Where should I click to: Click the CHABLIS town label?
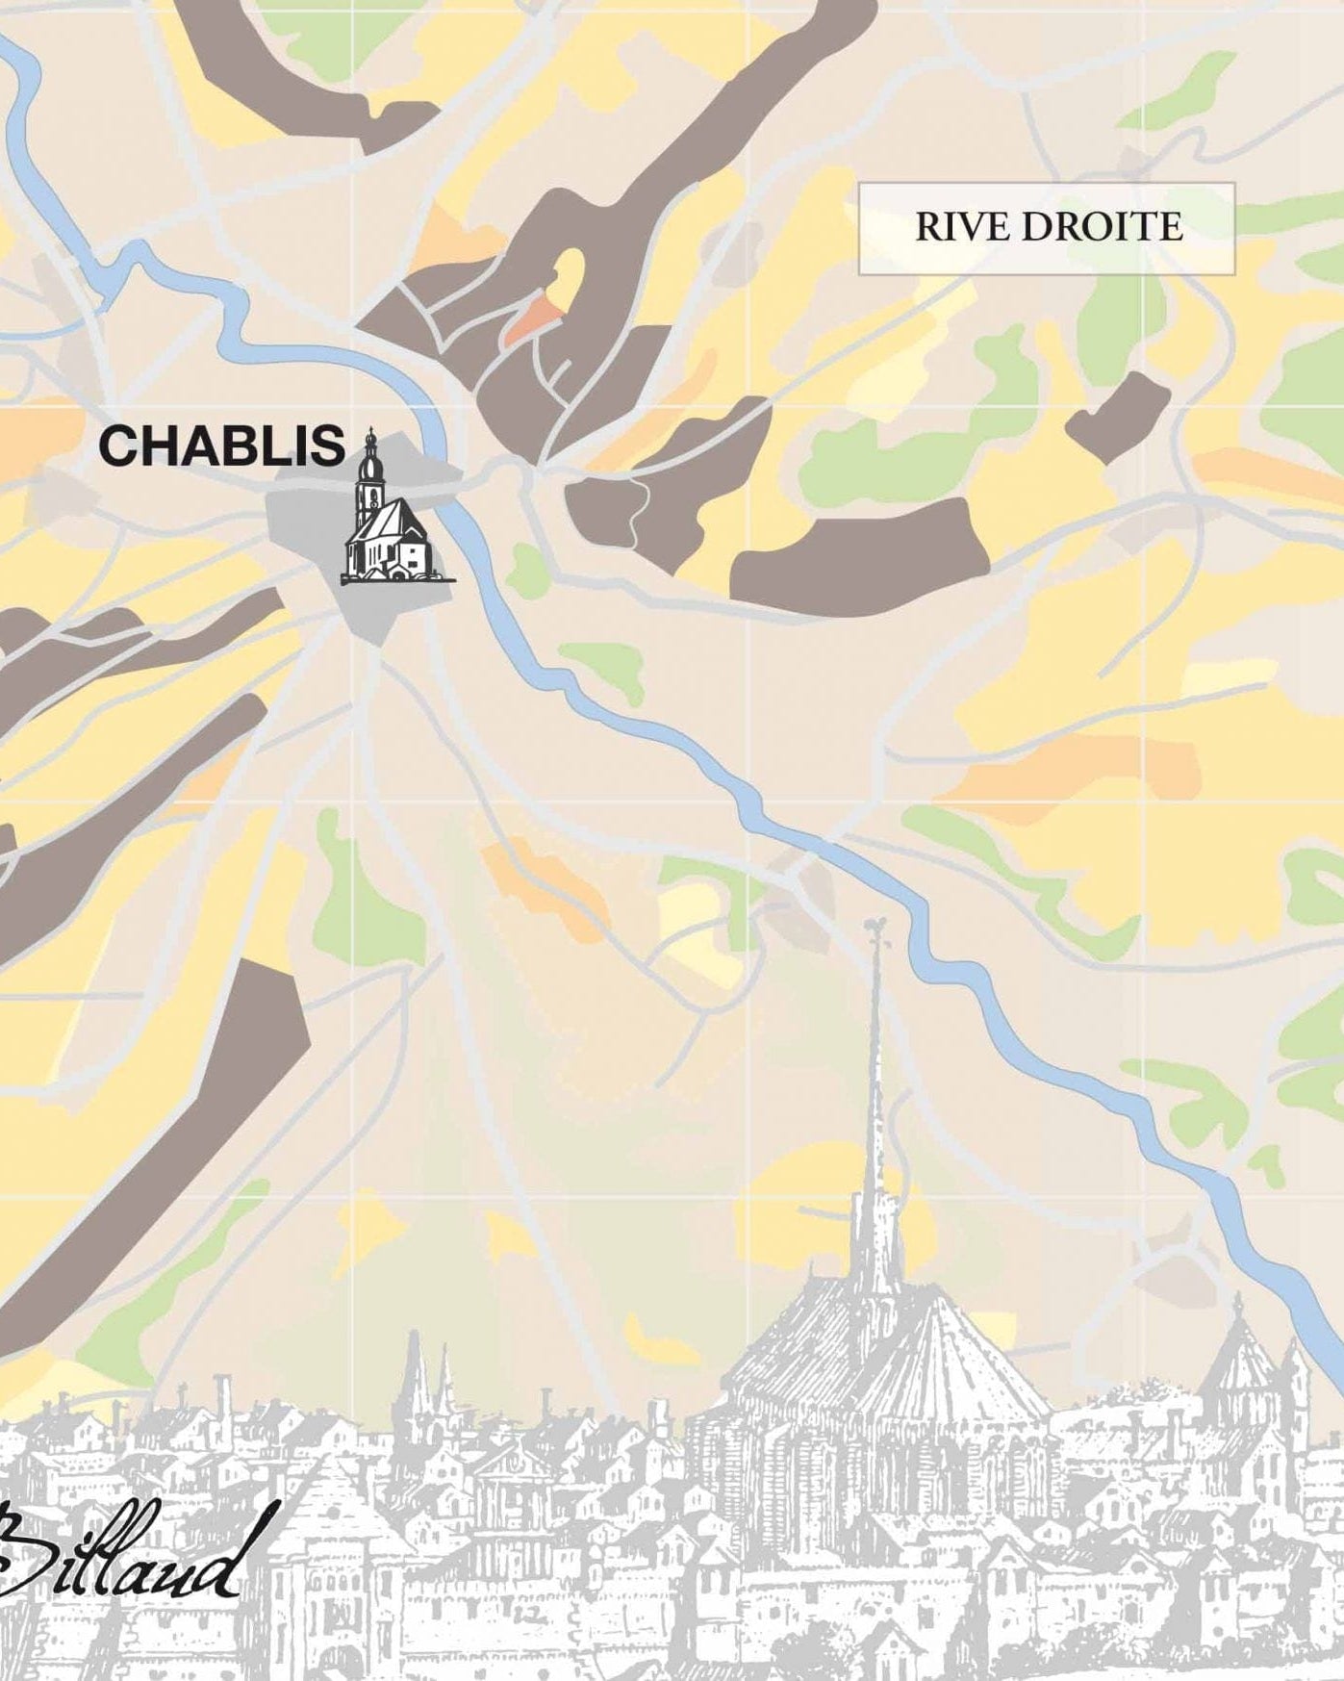tap(222, 446)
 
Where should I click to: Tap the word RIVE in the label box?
tap(962, 228)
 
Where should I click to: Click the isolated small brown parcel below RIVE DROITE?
tap(1118, 418)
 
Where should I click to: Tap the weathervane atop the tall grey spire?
tap(874, 929)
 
